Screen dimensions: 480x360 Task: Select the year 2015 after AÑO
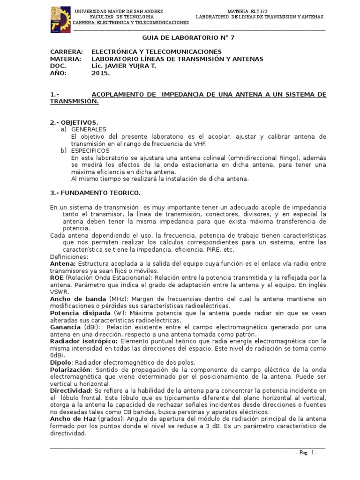coord(101,74)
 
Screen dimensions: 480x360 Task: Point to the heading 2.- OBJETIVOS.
coord(74,122)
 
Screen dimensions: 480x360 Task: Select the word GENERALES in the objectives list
coord(89,129)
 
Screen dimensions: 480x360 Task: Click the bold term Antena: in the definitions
coord(63,264)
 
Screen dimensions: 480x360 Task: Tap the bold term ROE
coord(57,278)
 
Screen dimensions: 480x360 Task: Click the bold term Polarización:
coord(72,369)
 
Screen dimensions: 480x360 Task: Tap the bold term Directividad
coord(70,390)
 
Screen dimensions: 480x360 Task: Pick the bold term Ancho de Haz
coord(71,419)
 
